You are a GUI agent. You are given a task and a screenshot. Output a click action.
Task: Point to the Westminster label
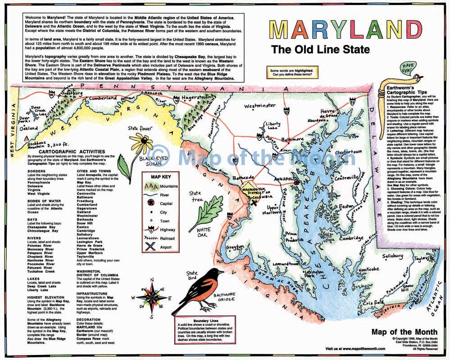260,106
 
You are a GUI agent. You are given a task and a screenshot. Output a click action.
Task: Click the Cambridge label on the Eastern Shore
350,238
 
